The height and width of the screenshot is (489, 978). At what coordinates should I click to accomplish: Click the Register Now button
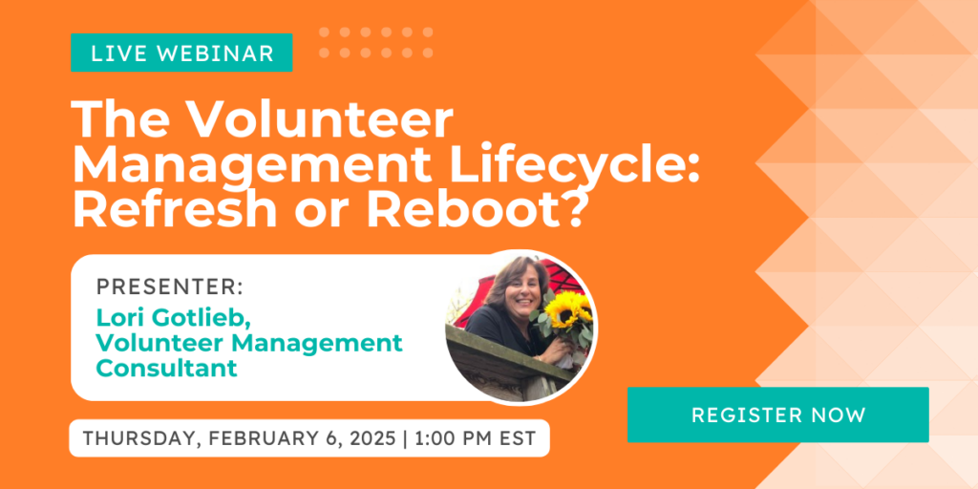pos(777,415)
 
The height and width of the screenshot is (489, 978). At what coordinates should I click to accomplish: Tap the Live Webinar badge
pos(181,53)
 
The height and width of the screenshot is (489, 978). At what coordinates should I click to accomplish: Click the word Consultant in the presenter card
pos(166,368)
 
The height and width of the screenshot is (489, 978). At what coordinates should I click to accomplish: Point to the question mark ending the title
pos(571,208)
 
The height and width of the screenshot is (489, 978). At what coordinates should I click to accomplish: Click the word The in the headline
pos(125,120)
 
